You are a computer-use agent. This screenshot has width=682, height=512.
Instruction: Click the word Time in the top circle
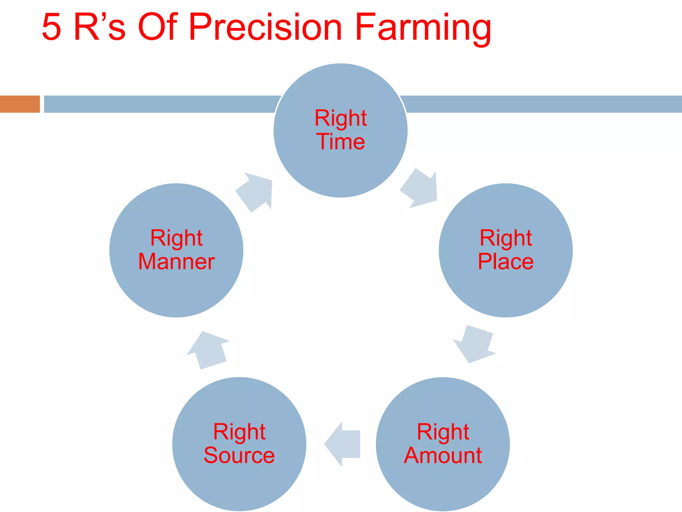point(340,142)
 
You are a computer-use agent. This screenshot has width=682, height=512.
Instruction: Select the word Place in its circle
point(506,261)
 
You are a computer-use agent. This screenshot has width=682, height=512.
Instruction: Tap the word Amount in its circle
point(443,455)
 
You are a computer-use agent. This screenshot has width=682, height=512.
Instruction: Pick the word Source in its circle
point(239,455)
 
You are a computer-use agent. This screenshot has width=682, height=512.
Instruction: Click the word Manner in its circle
point(176,261)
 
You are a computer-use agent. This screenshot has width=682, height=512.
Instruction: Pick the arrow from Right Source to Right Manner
point(208,350)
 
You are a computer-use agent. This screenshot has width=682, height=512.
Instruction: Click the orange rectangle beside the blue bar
point(20,104)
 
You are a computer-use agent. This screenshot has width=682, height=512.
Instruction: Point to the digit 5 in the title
point(52,27)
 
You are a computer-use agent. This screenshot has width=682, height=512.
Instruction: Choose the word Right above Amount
point(443,433)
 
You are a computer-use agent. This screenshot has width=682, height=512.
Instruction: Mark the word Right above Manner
point(176,239)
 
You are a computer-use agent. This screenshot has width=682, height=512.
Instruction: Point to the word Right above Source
point(239,433)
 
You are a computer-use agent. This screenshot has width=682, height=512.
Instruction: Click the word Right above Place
point(506,239)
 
